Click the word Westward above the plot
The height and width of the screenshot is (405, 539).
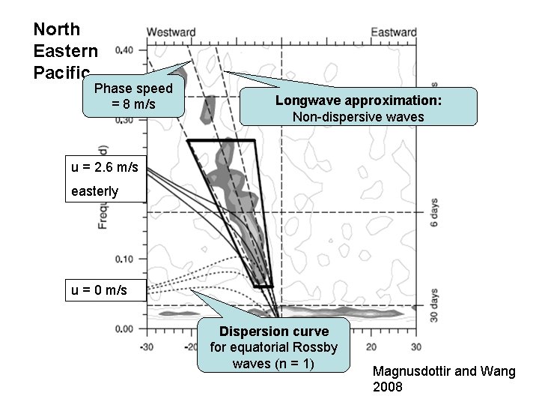171,32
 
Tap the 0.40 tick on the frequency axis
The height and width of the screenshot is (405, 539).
125,50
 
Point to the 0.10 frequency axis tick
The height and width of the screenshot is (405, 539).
125,259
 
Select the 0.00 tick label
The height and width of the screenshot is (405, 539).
125,328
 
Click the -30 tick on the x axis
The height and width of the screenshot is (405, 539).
147,346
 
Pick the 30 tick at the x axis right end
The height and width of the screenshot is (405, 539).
415,346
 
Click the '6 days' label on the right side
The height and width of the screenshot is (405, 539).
435,212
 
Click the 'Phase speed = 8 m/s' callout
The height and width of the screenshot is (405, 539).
133,96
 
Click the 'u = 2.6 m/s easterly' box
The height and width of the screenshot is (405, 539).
106,179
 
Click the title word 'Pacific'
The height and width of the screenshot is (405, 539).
57,73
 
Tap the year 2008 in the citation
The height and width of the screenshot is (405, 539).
388,387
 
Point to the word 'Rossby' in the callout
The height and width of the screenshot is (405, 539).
317,347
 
